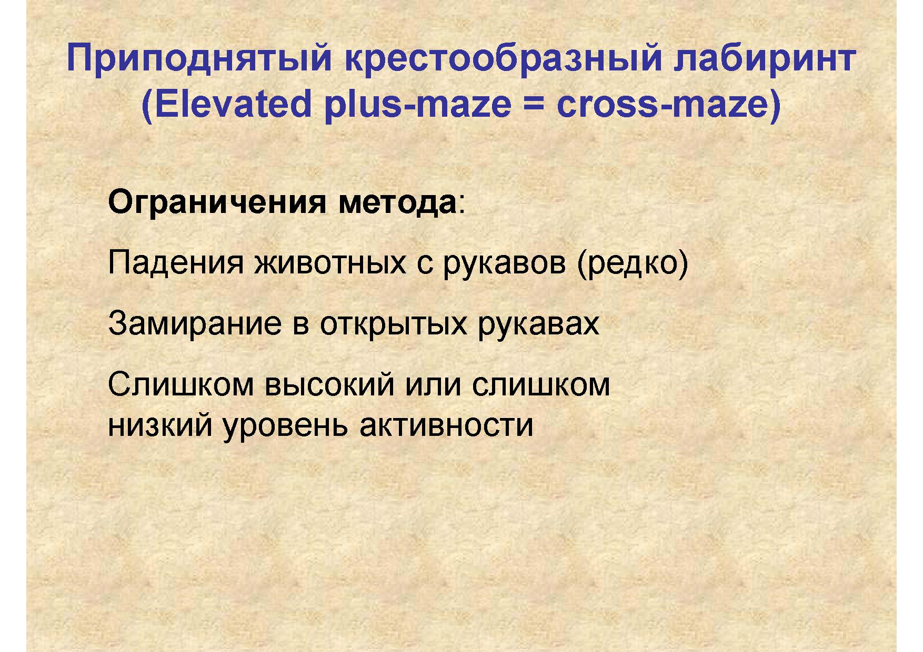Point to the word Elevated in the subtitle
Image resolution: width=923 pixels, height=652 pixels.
227,104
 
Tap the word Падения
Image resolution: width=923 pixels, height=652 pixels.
176,263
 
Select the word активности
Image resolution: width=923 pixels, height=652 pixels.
447,426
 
